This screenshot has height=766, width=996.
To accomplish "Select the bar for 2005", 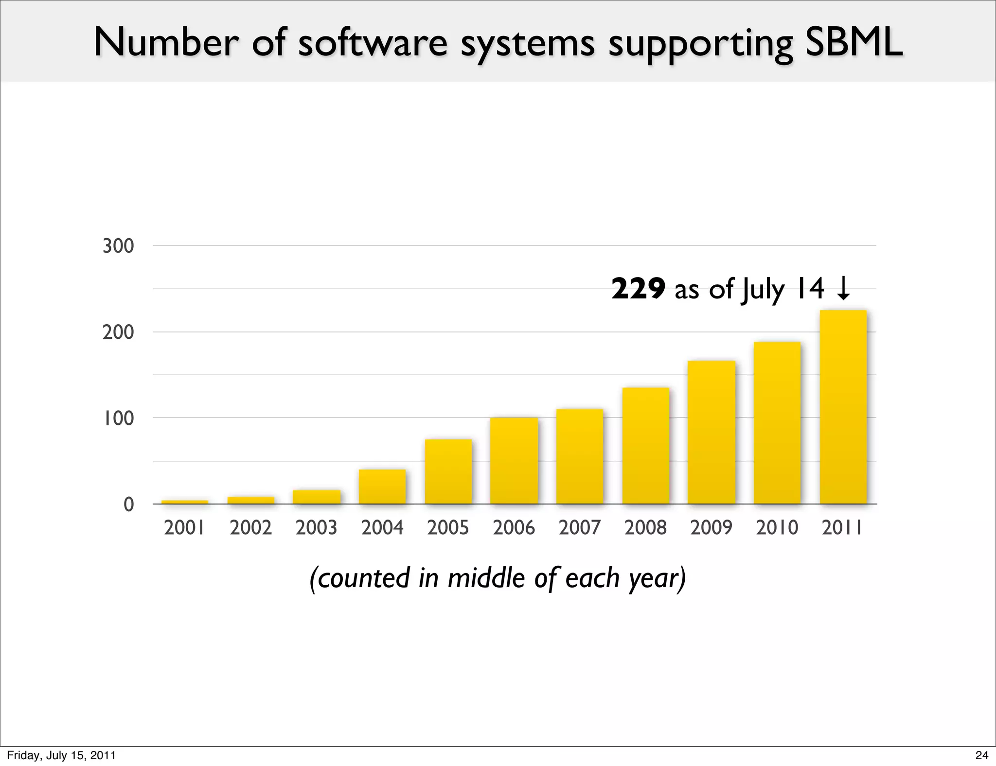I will (x=448, y=471).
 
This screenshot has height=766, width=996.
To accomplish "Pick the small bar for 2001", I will (x=184, y=502).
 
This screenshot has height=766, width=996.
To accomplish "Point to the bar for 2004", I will (x=382, y=487).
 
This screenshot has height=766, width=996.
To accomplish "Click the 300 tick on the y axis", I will (x=118, y=246).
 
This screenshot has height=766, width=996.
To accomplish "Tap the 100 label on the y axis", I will (x=118, y=418).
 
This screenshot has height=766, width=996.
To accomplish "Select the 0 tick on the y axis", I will (x=128, y=505).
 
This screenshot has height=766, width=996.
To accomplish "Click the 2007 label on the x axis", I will (x=580, y=527).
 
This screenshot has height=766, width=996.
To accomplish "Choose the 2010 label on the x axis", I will (x=777, y=527).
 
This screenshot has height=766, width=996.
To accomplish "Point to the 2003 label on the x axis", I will (x=316, y=527).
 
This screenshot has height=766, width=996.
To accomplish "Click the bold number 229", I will (x=638, y=289).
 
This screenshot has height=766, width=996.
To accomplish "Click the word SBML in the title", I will (x=854, y=43).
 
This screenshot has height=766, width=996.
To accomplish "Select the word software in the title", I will (x=372, y=43).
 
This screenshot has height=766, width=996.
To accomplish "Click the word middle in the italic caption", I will (x=487, y=578).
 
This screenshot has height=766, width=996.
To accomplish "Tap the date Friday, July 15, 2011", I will (x=61, y=755).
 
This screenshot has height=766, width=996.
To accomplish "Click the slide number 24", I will (x=981, y=755).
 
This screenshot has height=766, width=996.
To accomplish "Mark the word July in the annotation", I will (x=763, y=290).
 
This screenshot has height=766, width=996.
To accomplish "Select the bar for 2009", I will (x=711, y=432).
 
